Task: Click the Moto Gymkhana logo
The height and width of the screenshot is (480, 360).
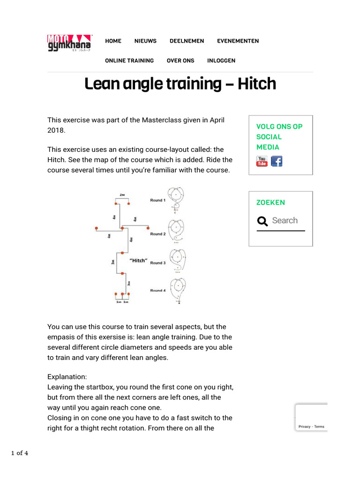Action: [69, 43]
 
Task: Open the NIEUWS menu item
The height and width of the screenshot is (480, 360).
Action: [145, 41]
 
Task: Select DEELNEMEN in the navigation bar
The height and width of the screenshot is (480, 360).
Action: [187, 41]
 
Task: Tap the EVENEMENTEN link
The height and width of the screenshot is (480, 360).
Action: [238, 41]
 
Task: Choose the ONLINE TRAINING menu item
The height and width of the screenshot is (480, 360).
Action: [129, 60]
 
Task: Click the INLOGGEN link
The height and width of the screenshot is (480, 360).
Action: [221, 60]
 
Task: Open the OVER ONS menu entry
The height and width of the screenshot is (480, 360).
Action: [180, 60]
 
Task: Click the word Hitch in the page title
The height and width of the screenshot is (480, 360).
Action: [256, 84]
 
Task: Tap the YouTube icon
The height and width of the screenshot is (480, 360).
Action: [262, 161]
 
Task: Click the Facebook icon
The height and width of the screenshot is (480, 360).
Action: [277, 161]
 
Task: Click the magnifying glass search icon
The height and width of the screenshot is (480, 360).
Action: [262, 221]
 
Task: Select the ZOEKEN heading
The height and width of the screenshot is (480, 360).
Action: [270, 202]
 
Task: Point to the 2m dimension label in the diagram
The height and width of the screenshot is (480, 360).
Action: [122, 195]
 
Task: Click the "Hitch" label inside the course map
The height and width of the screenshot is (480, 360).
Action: [138, 261]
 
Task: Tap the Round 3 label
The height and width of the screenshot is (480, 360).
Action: [157, 263]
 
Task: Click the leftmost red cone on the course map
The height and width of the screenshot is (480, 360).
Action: [97, 229]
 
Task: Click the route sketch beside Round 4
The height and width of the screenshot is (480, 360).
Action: [178, 290]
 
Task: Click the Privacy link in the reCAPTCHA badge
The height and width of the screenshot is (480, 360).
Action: [304, 427]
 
